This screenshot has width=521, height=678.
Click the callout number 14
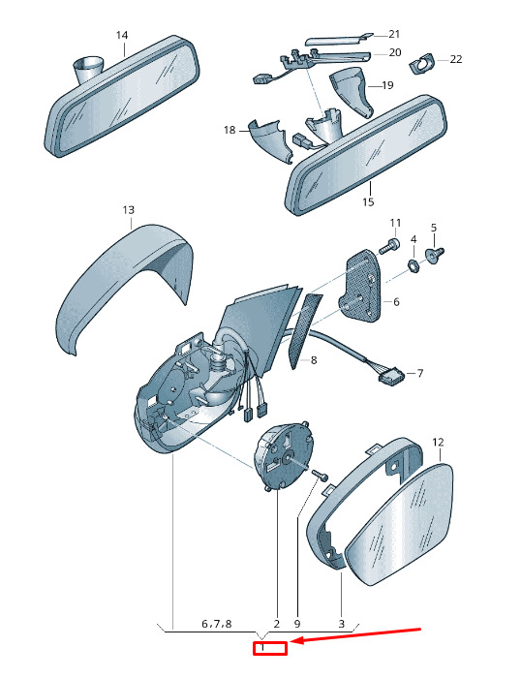click(x=122, y=35)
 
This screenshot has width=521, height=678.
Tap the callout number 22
click(x=456, y=59)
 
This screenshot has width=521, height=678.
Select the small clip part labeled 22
click(x=421, y=63)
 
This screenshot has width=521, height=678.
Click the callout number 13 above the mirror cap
click(x=129, y=210)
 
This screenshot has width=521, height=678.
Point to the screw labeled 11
click(x=388, y=245)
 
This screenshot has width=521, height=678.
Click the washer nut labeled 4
click(x=414, y=266)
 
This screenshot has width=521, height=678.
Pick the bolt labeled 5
click(x=434, y=254)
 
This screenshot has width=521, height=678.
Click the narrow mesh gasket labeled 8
click(x=304, y=331)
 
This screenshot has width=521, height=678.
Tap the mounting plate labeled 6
click(x=360, y=287)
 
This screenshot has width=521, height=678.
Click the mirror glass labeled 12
click(x=400, y=524)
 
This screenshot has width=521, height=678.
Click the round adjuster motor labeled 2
click(x=284, y=456)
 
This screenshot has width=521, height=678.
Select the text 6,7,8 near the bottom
click(x=217, y=624)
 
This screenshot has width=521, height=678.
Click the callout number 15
click(x=368, y=201)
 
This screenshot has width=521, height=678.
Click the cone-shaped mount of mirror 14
click(x=88, y=69)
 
